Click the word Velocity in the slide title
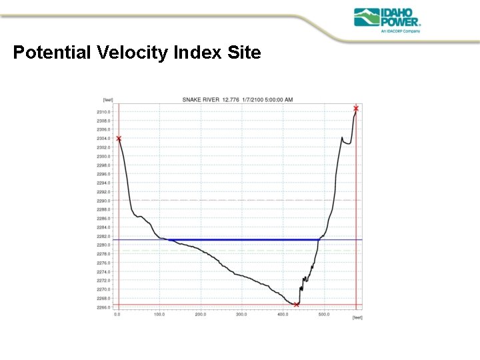tap(134, 53)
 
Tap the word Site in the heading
tap(244, 53)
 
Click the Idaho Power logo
tap(387, 21)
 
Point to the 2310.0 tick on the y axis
tap(103, 112)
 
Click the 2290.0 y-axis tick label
tap(103, 201)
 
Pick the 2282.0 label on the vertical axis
tap(103, 236)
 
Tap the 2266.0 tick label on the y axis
tap(103, 307)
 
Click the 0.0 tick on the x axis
tap(118, 313)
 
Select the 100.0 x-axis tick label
tap(159, 313)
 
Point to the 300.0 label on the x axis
tap(242, 313)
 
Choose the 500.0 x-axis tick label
tap(324, 313)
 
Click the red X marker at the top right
tap(356, 108)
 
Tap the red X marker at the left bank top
tap(119, 139)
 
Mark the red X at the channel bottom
tap(296, 305)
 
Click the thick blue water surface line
tap(240, 239)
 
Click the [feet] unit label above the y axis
tap(107, 99)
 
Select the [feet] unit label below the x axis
tap(357, 317)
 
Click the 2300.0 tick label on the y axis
tap(103, 156)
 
